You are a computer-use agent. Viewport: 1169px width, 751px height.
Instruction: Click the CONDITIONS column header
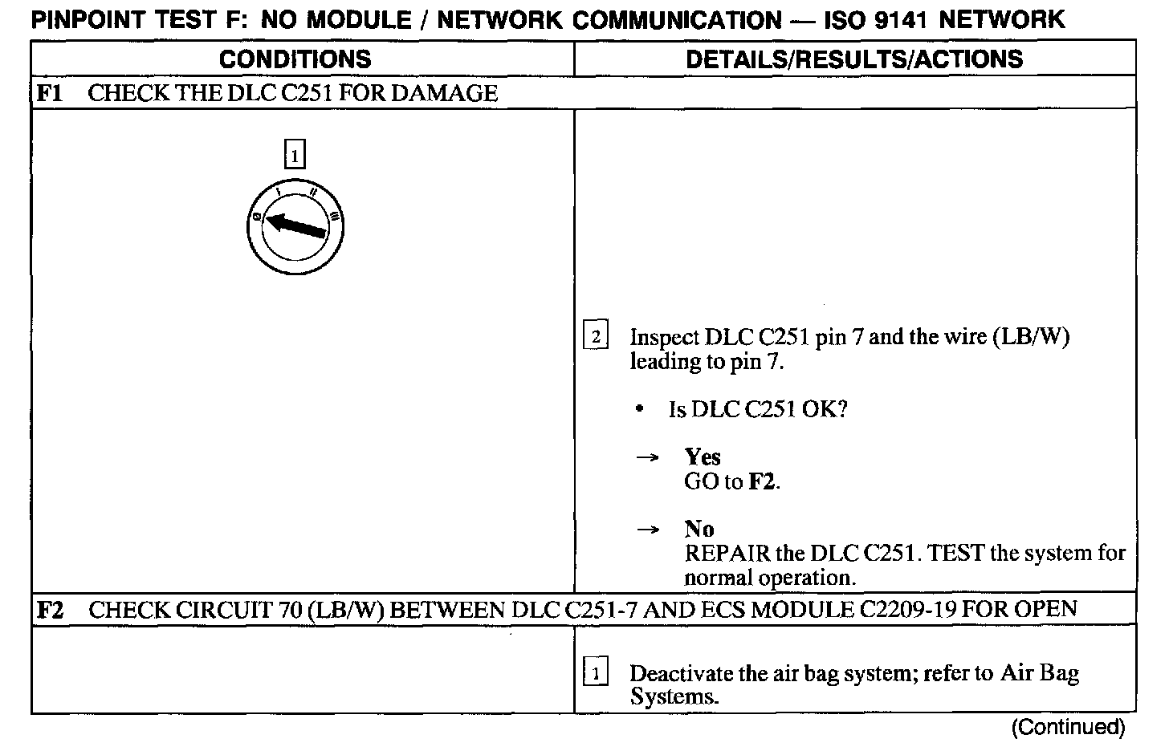pos(295,59)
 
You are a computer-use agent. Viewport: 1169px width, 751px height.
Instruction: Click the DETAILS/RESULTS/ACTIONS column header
pos(854,59)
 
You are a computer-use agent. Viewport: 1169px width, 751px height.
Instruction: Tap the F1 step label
pos(51,93)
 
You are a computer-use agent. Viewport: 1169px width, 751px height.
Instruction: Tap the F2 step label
pos(51,610)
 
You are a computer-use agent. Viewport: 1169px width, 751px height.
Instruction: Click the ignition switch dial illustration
pos(295,225)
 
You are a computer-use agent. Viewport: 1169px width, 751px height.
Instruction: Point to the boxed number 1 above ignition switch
pos(295,154)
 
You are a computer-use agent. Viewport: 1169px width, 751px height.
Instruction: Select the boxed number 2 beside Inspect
pos(595,336)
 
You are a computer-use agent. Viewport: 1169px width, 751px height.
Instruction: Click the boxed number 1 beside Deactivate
pos(595,672)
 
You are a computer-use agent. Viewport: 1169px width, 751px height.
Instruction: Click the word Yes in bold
pos(703,457)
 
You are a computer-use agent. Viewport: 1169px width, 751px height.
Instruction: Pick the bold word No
pos(699,530)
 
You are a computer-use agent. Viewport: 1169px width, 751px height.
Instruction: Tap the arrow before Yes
pos(647,458)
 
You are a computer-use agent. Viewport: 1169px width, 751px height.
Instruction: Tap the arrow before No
pos(647,530)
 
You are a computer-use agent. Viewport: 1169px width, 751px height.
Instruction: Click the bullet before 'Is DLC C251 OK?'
pos(639,410)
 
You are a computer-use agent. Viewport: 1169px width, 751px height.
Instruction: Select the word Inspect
pos(664,337)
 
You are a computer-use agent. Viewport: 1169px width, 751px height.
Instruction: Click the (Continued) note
pos(1068,727)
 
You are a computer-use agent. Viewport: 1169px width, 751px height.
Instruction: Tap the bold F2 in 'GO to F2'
pos(762,482)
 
